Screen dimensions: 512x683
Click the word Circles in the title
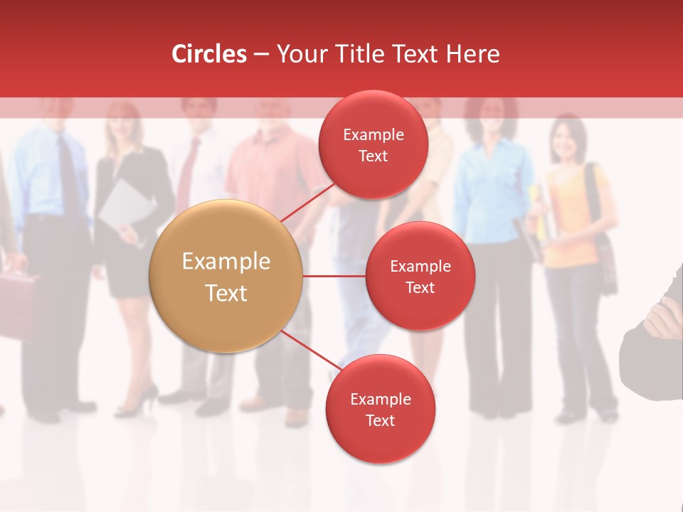209,54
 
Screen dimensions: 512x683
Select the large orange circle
226,276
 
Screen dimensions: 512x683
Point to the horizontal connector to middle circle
334,276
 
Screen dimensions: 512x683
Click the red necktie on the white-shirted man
187,174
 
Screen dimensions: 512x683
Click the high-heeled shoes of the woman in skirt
139,402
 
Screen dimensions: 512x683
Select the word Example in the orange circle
226,262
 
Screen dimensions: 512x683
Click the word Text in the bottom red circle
380,420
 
